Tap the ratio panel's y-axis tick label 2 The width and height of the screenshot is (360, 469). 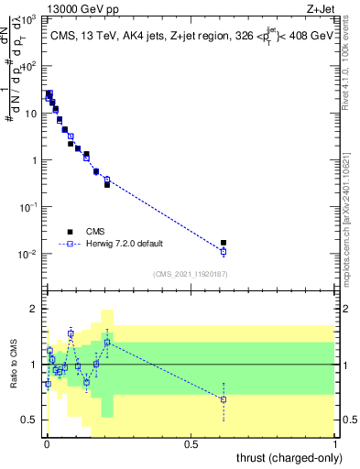click(x=34, y=309)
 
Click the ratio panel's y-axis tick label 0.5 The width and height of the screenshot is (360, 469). click(x=30, y=420)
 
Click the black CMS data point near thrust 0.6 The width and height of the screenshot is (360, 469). click(x=224, y=243)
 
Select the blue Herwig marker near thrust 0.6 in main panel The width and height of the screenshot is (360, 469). click(x=224, y=251)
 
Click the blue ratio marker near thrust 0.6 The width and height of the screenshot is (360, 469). click(x=224, y=399)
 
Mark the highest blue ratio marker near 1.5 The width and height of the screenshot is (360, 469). click(x=71, y=334)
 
